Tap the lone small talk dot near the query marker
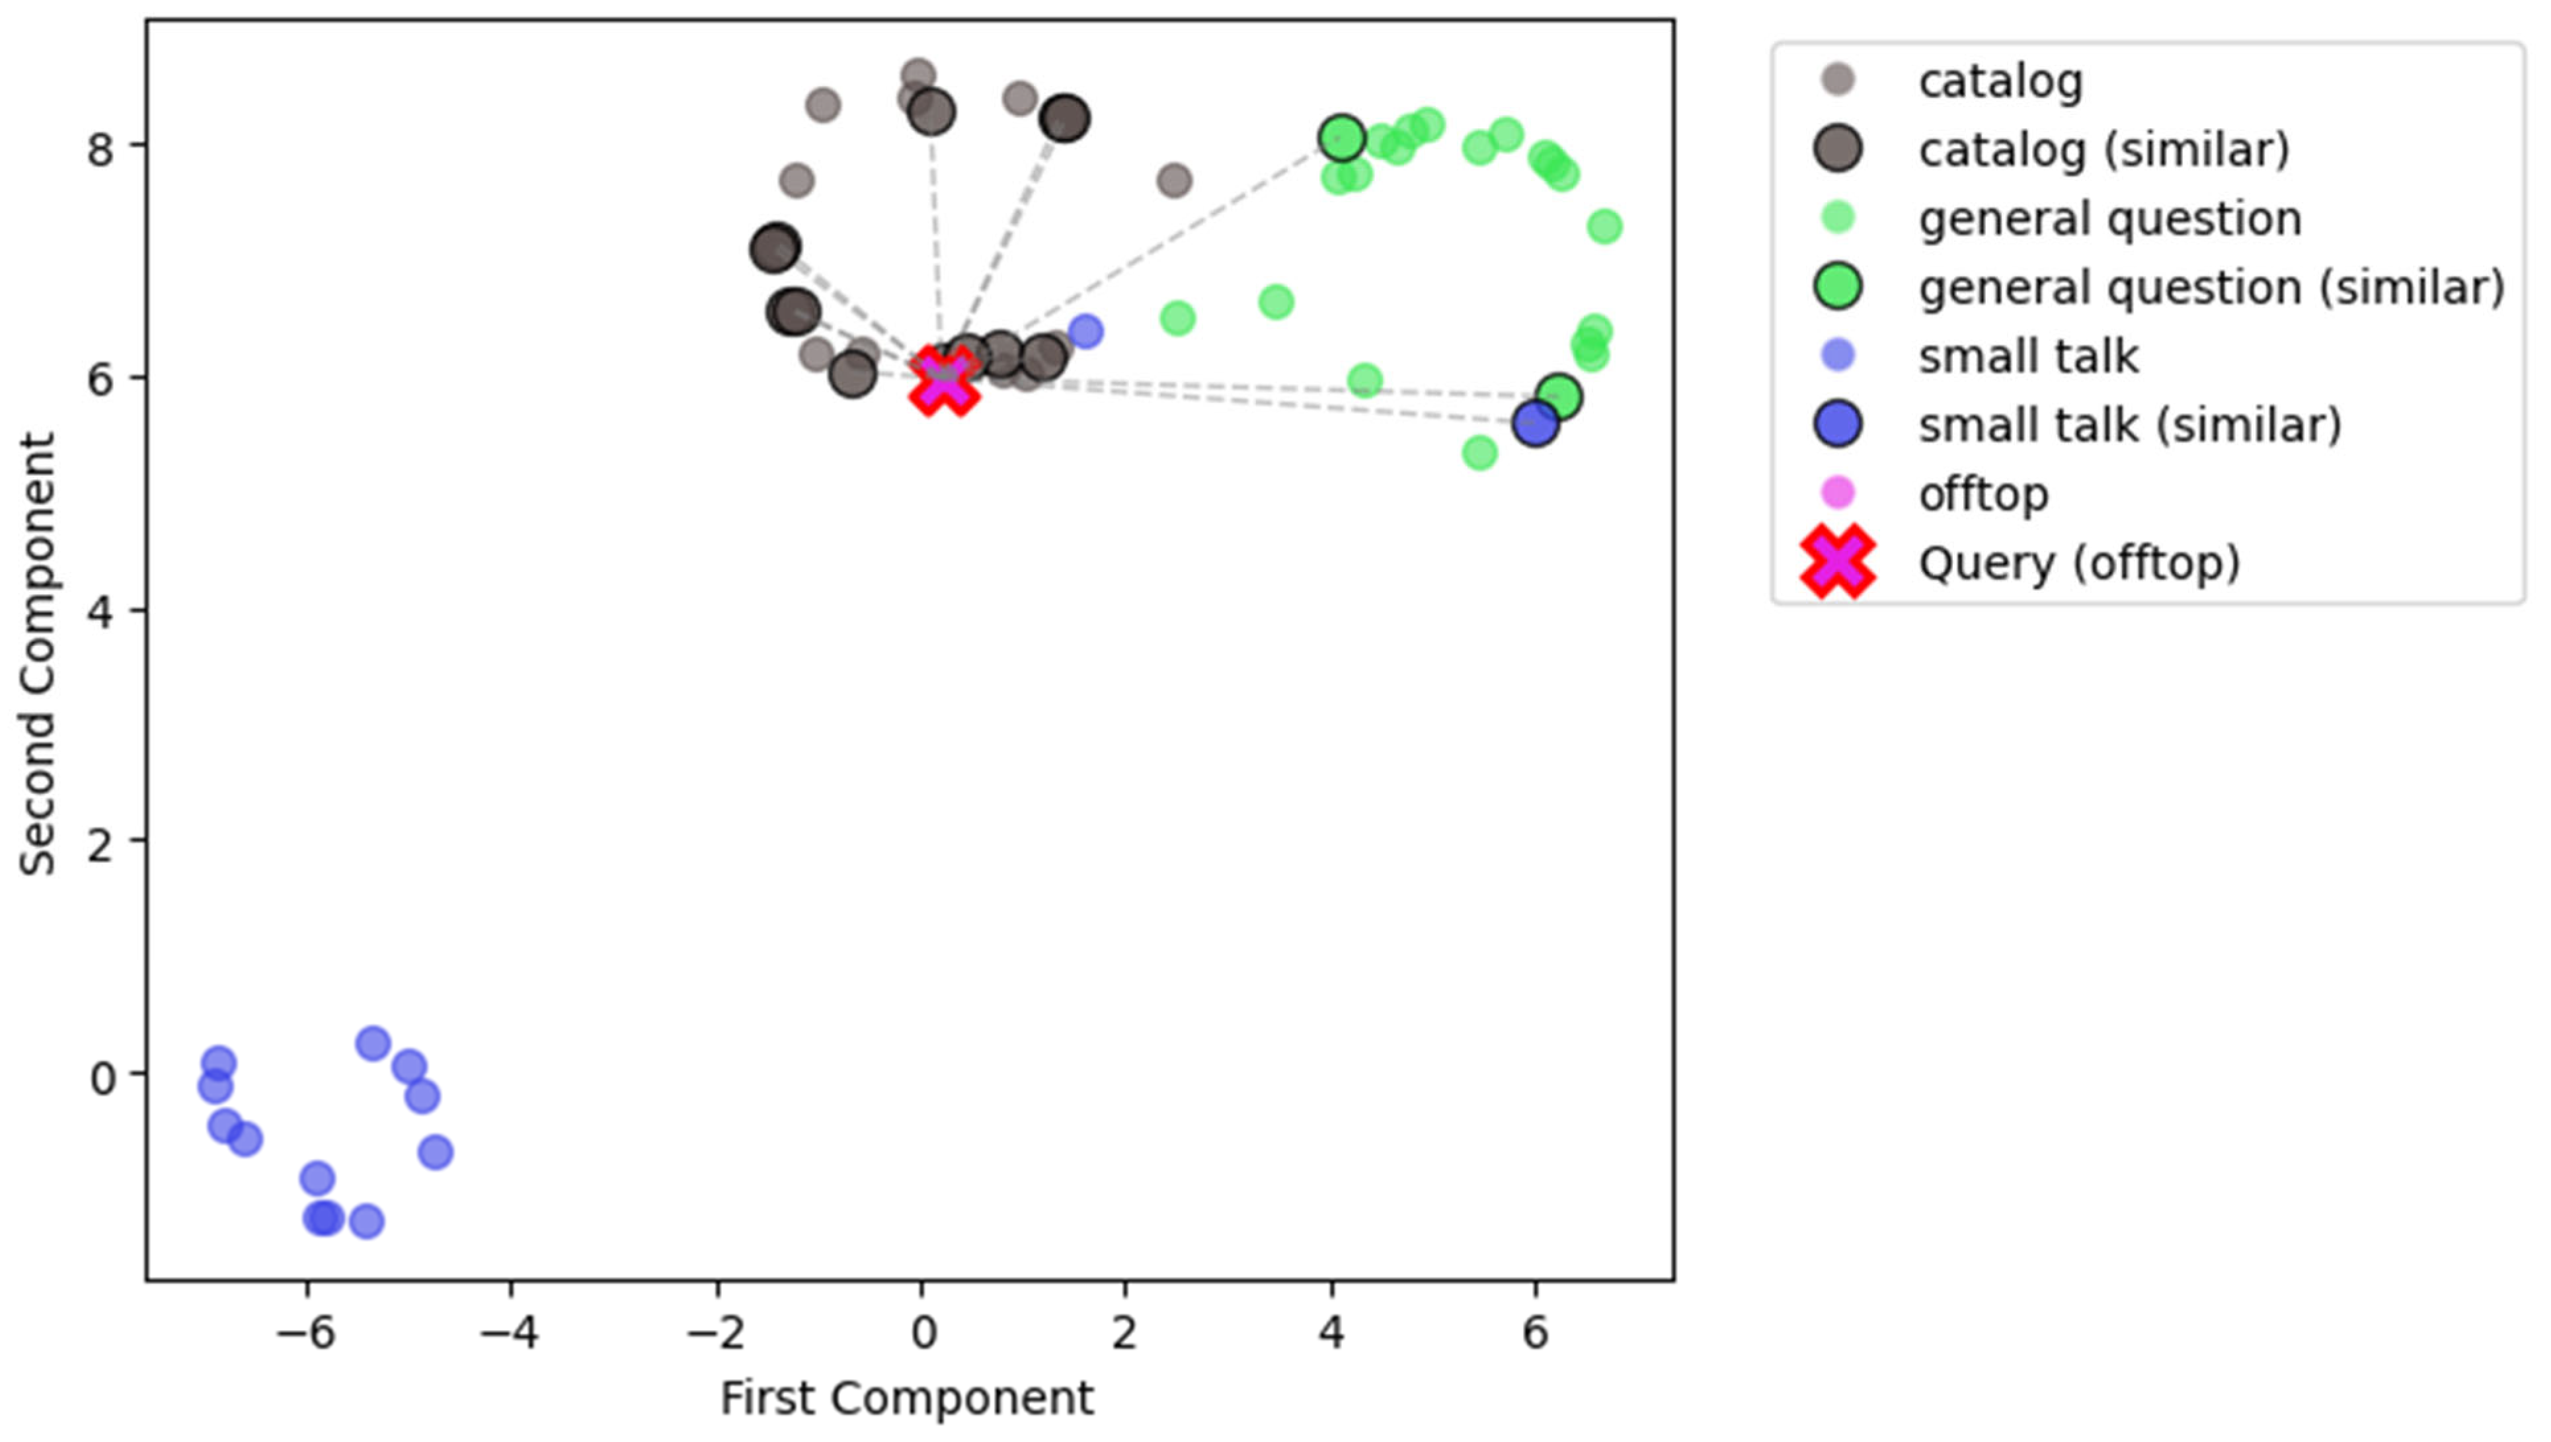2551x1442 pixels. pyautogui.click(x=1085, y=331)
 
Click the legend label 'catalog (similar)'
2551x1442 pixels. pyautogui.click(x=2103, y=149)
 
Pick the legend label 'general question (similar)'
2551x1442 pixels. pyautogui.click(x=2211, y=287)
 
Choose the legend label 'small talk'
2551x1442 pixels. pyautogui.click(x=2027, y=356)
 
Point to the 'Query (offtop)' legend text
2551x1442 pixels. pyautogui.click(x=2078, y=563)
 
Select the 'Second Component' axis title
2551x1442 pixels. pyautogui.click(x=38, y=654)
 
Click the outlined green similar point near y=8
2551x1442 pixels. pyautogui.click(x=1342, y=139)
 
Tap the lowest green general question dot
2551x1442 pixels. pyautogui.click(x=1479, y=454)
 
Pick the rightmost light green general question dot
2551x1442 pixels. pyautogui.click(x=1604, y=227)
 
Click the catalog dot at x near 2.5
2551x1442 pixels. pyautogui.click(x=1173, y=181)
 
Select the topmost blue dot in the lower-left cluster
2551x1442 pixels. pyautogui.click(x=372, y=1043)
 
